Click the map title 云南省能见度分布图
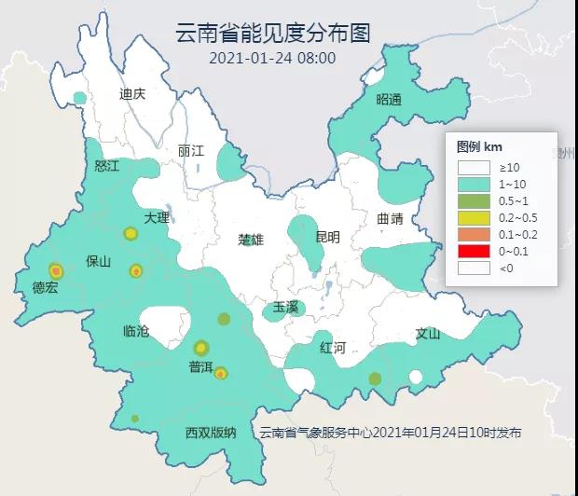click(273, 34)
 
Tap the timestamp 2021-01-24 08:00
click(272, 58)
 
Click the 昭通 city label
click(389, 100)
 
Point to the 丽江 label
click(190, 150)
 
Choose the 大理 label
click(157, 217)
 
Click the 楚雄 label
click(251, 240)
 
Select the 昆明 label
click(327, 238)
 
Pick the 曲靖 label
click(391, 219)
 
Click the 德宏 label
click(45, 288)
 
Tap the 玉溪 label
click(285, 307)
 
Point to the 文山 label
click(427, 333)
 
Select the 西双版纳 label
click(211, 433)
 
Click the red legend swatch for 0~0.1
click(473, 251)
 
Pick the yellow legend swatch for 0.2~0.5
click(473, 217)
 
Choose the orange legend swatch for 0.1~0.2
click(473, 234)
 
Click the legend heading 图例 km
click(480, 147)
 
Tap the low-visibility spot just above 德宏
click(55, 269)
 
